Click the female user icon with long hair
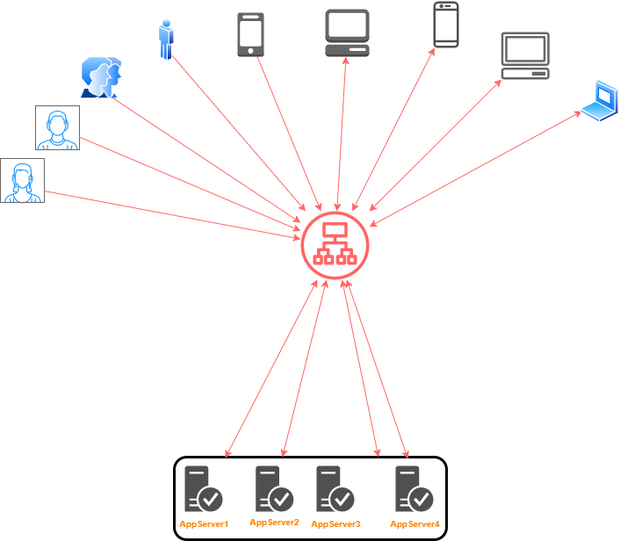tap(22, 181)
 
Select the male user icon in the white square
tap(57, 128)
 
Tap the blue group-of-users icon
tap(101, 77)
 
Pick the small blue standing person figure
tap(166, 40)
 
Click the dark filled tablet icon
tap(250, 34)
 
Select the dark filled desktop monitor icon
tap(348, 32)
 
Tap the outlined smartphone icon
tap(446, 24)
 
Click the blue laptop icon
tap(601, 100)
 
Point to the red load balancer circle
tap(335, 244)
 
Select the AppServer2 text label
tap(274, 523)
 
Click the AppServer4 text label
tap(415, 524)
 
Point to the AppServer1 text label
tap(204, 524)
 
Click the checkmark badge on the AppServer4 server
tap(422, 499)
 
